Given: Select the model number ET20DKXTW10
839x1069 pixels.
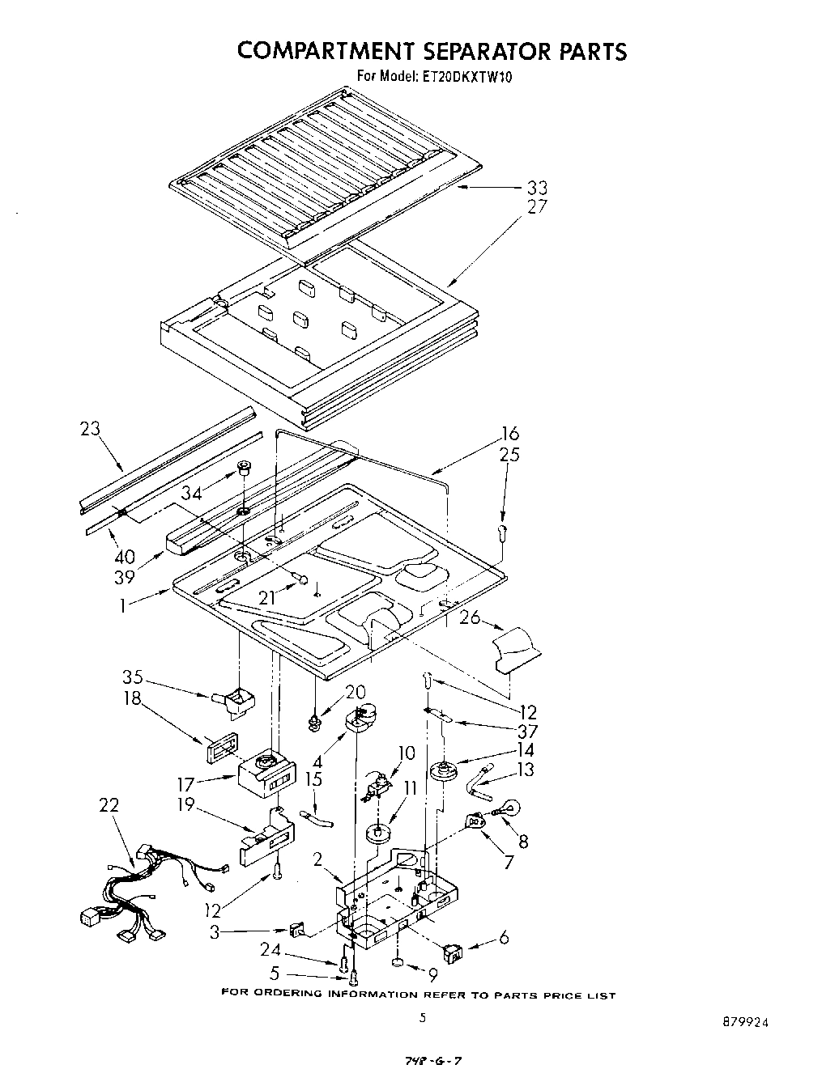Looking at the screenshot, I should (466, 78).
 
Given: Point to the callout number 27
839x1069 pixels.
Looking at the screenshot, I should (536, 207).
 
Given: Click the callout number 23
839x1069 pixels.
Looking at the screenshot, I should (90, 429).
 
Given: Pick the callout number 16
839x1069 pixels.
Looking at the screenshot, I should (510, 434).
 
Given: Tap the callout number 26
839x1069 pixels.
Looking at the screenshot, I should (470, 618).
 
